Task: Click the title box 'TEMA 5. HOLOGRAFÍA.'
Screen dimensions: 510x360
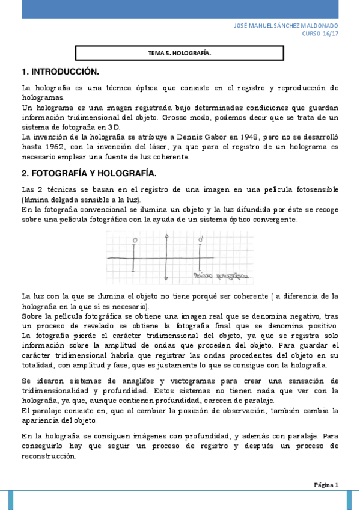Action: pyautogui.click(x=179, y=54)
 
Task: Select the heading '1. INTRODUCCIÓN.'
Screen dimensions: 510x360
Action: pyautogui.click(x=59, y=72)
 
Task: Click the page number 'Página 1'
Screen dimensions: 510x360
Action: pyautogui.click(x=326, y=484)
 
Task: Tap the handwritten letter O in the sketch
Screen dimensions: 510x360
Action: pyautogui.click(x=135, y=240)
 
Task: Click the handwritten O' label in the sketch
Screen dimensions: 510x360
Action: pyautogui.click(x=201, y=240)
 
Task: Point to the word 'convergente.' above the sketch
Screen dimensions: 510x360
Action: pyautogui.click(x=275, y=220)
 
